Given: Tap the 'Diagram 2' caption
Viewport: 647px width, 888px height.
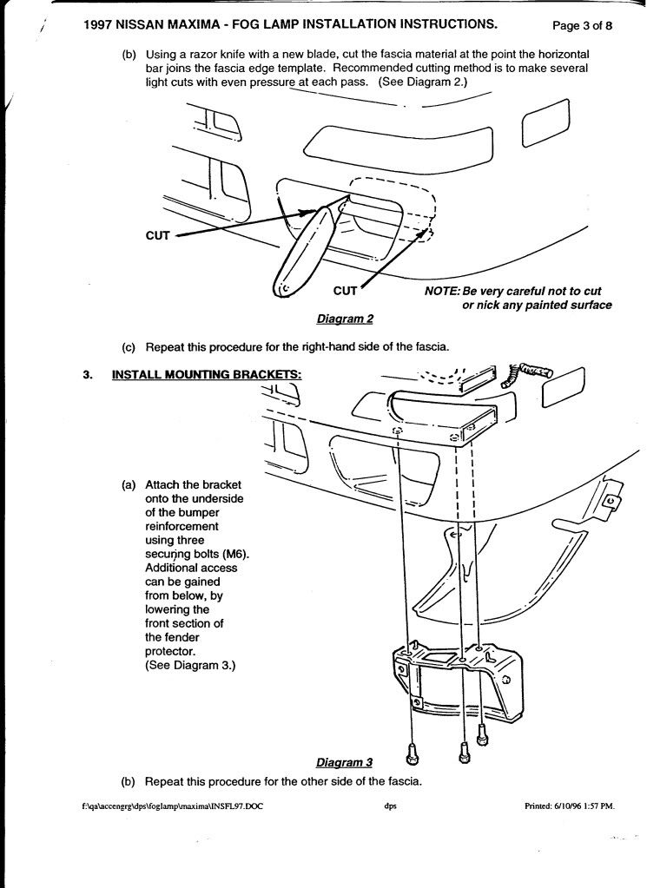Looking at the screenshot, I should point(345,319).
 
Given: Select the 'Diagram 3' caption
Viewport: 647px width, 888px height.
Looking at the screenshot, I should point(344,763).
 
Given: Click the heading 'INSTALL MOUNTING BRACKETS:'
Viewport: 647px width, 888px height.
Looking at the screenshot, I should point(207,374).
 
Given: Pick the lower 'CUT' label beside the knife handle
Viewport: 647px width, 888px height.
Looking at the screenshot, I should point(345,291).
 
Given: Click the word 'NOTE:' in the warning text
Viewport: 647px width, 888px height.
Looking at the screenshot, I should point(442,292).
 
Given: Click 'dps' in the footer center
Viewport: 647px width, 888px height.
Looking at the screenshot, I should point(390,806).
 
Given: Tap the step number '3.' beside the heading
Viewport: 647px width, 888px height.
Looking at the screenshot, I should point(87,374).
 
